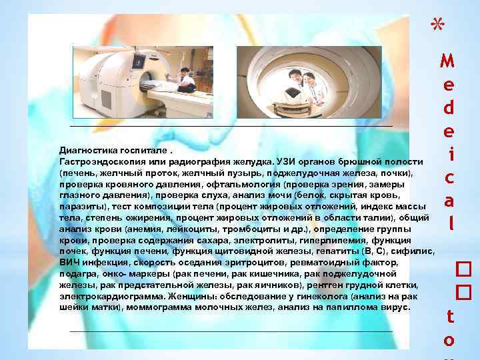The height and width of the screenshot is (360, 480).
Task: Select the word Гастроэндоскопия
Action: coord(98,162)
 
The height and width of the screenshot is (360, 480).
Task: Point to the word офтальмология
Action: coord(249,185)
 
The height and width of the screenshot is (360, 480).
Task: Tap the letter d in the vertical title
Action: coord(449,107)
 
